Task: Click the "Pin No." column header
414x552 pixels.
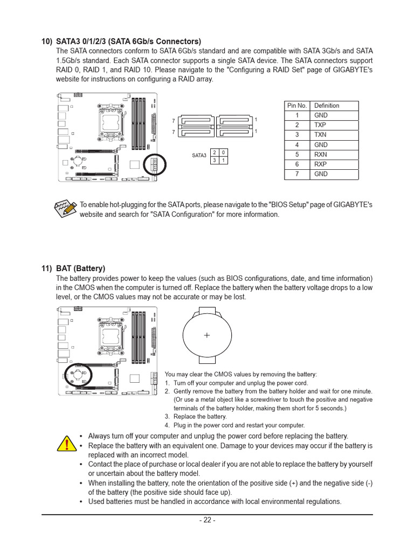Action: pyautogui.click(x=296, y=106)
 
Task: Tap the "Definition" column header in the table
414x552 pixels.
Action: pyautogui.click(x=327, y=106)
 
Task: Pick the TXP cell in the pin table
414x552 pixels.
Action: pyautogui.click(x=320, y=125)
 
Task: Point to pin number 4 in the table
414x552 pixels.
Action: pyautogui.click(x=296, y=144)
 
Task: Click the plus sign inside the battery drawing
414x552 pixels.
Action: pyautogui.click(x=207, y=335)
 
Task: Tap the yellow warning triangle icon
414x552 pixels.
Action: pyautogui.click(x=66, y=443)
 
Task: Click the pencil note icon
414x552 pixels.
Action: pyautogui.click(x=65, y=209)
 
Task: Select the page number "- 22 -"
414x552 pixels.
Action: pyautogui.click(x=207, y=520)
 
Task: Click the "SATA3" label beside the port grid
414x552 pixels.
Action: pyautogui.click(x=199, y=155)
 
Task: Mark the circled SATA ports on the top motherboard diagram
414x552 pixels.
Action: pyautogui.click(x=154, y=165)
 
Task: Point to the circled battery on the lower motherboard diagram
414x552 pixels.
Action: pyautogui.click(x=79, y=374)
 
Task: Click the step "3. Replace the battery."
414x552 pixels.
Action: pyautogui.click(x=196, y=417)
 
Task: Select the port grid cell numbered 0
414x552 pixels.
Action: pyautogui.click(x=224, y=152)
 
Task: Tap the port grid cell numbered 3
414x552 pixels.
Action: pyautogui.click(x=215, y=160)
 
